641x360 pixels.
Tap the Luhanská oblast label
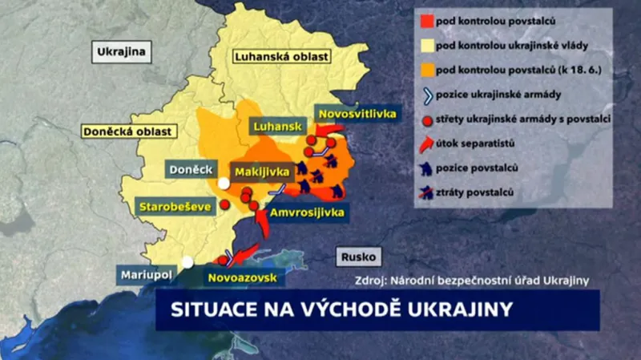(273, 57)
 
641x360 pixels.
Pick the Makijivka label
(257, 171)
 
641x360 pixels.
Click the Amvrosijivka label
(307, 212)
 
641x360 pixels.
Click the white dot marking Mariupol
(187, 261)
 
